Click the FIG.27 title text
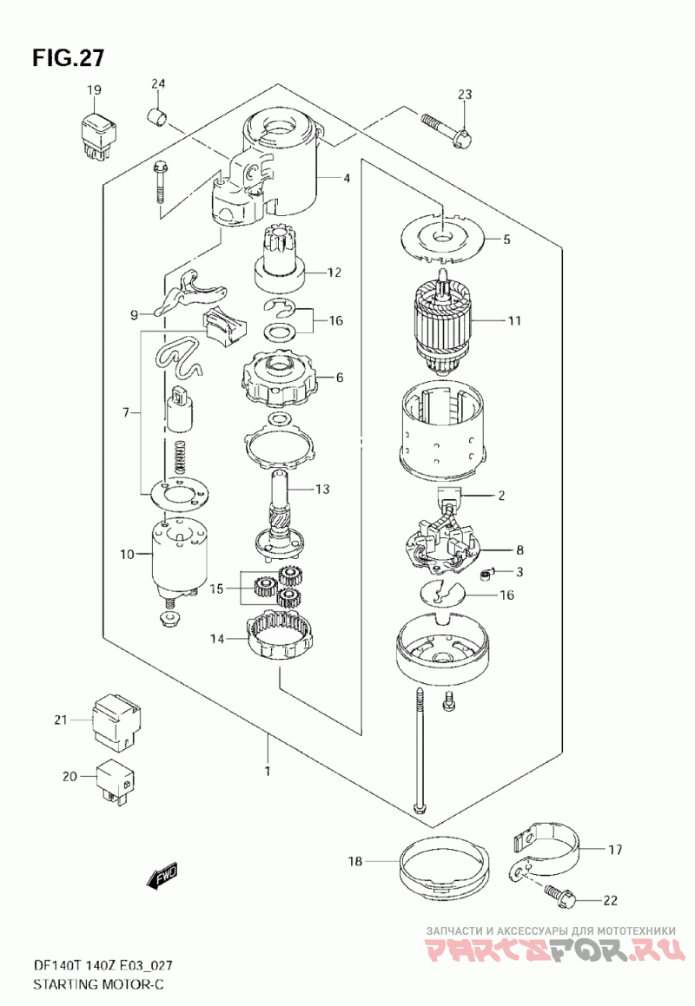click(68, 58)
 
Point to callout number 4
click(347, 178)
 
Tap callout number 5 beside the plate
click(506, 240)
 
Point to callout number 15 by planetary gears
click(217, 588)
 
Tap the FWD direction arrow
click(162, 877)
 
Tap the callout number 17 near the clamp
click(615, 850)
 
